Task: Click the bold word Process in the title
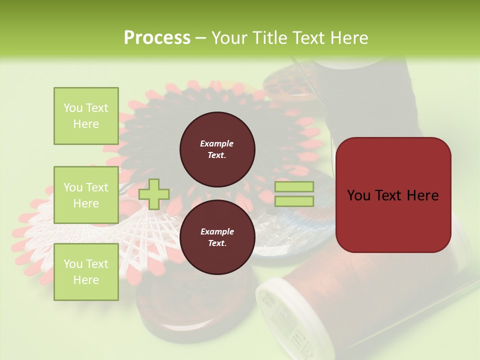point(157,38)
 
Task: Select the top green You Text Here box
point(86,116)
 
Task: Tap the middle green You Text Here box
point(86,195)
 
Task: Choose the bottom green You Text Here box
point(86,271)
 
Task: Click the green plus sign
point(154,194)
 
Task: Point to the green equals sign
point(294,194)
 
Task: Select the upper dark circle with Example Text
point(217,149)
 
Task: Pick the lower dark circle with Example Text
point(217,237)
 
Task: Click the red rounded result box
point(393,195)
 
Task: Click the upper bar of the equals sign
point(294,186)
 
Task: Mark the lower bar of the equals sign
point(294,201)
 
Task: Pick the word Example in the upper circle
point(217,143)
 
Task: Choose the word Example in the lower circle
point(217,231)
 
